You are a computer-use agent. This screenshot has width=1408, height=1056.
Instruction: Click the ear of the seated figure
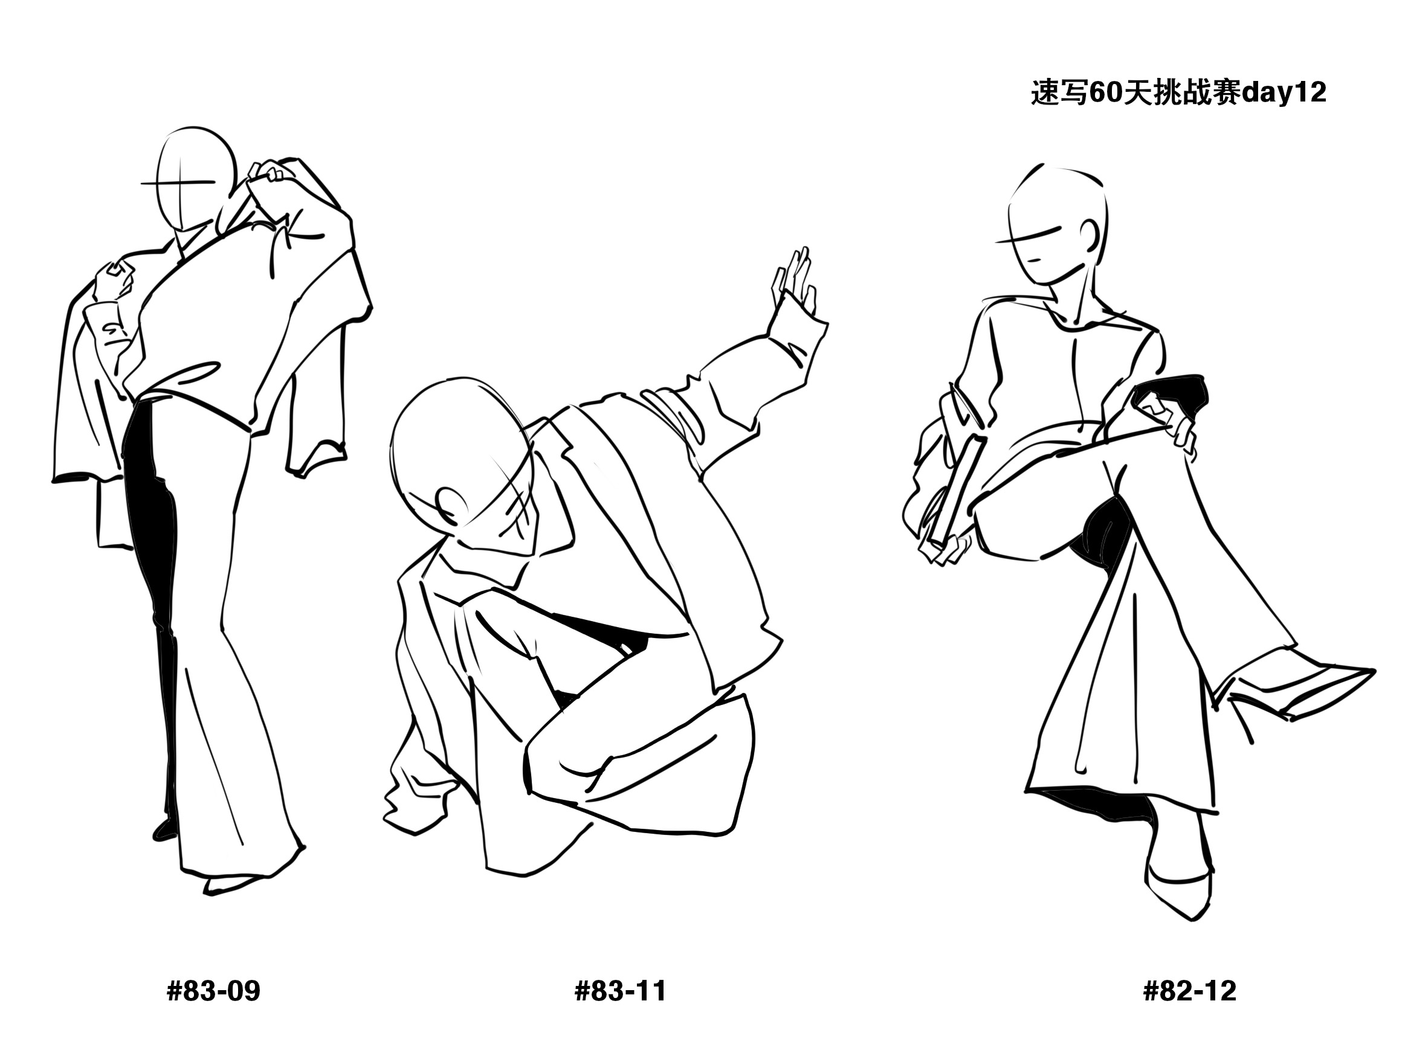click(x=1093, y=236)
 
